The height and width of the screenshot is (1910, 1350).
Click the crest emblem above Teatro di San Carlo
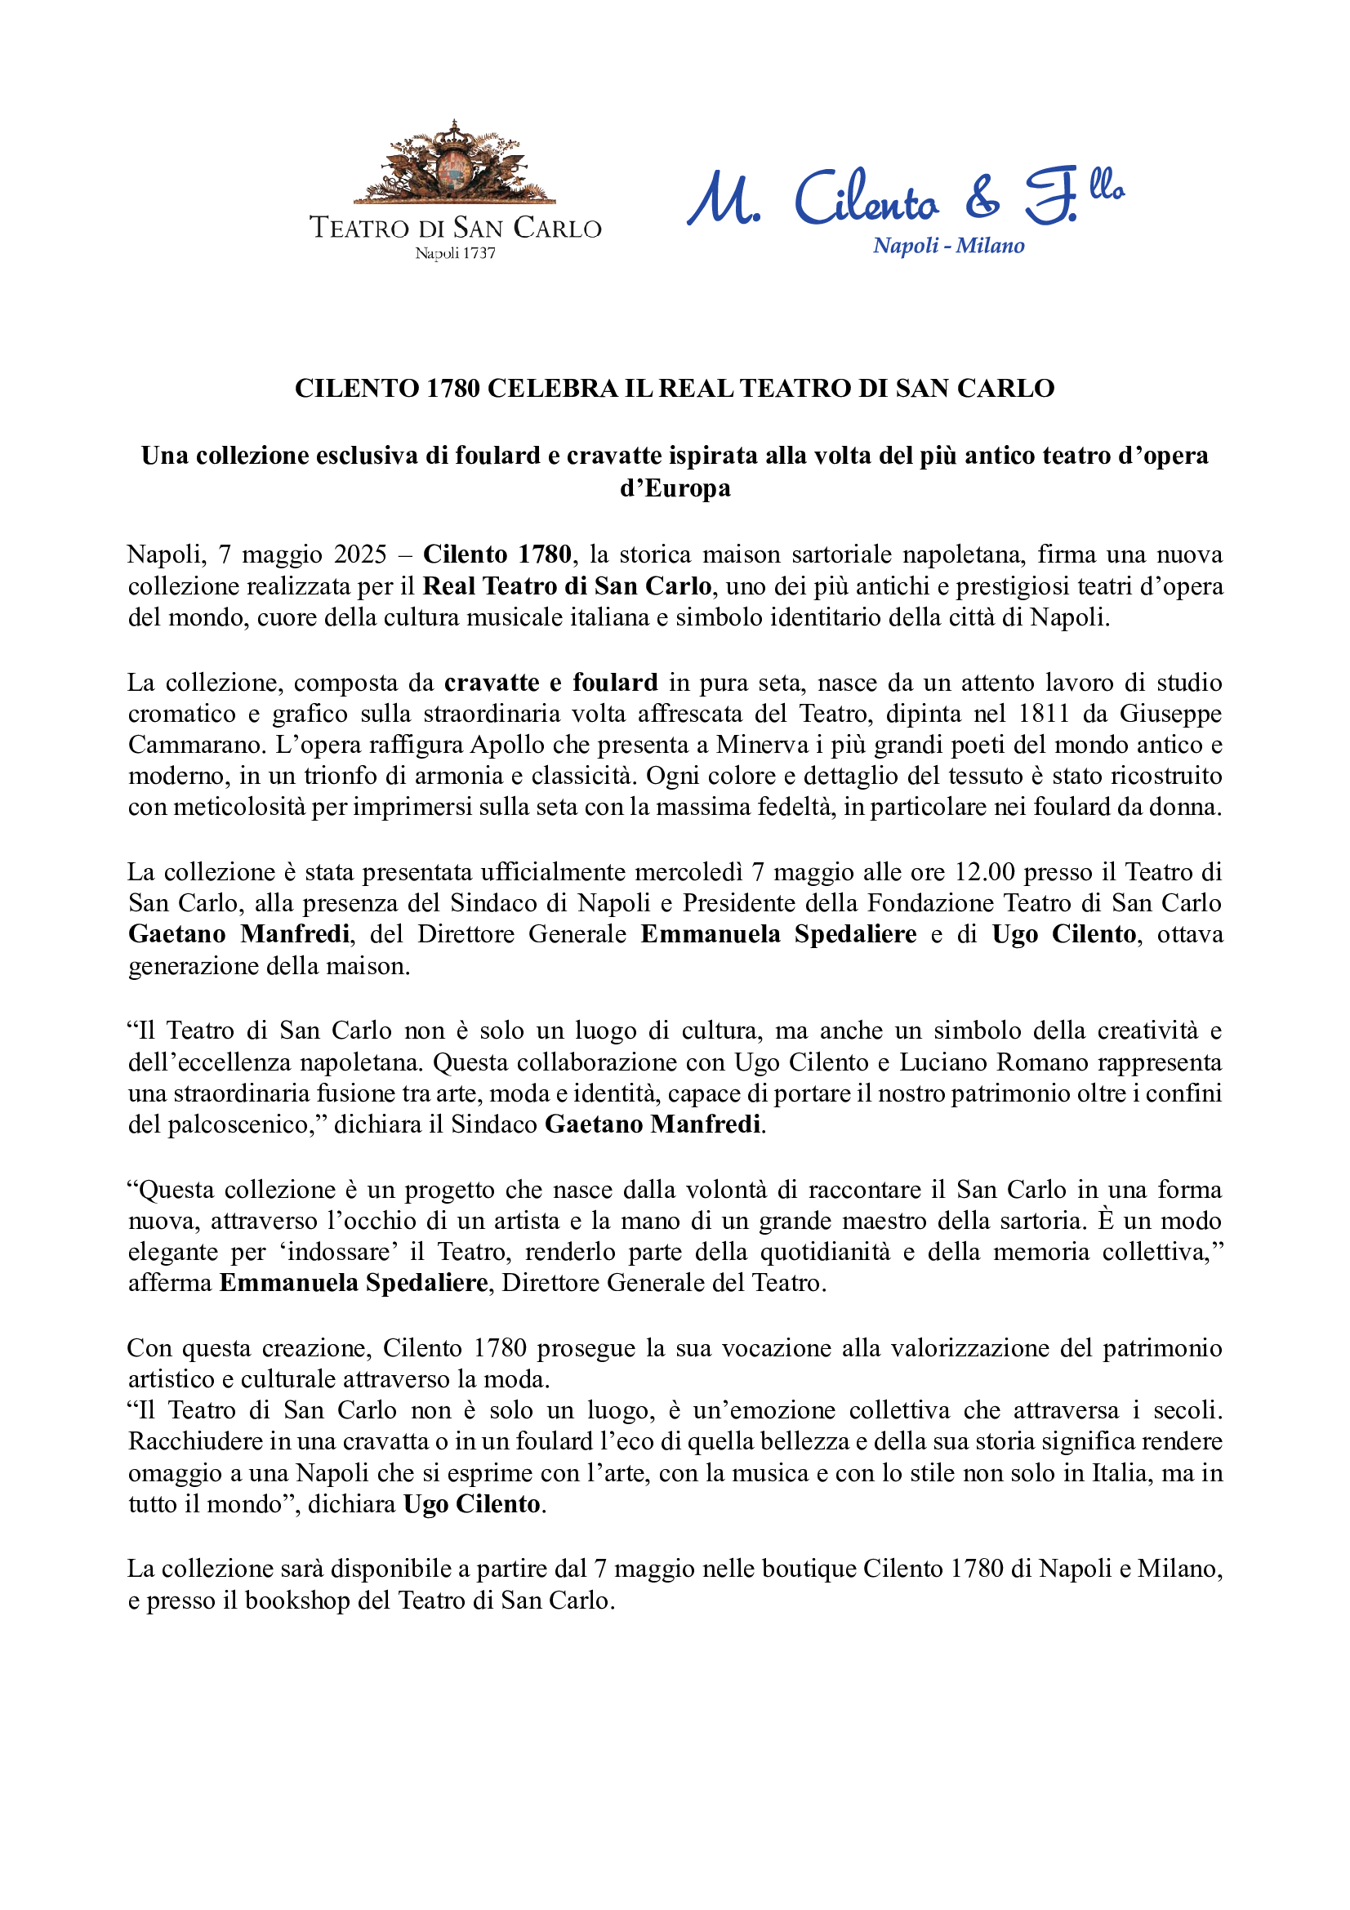point(454,163)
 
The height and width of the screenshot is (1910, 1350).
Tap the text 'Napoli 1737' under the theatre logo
point(455,253)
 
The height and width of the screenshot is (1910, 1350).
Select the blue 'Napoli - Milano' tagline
point(948,246)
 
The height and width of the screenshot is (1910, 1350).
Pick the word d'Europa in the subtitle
point(675,488)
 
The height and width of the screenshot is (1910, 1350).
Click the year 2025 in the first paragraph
point(360,554)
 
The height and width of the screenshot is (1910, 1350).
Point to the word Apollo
point(506,745)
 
